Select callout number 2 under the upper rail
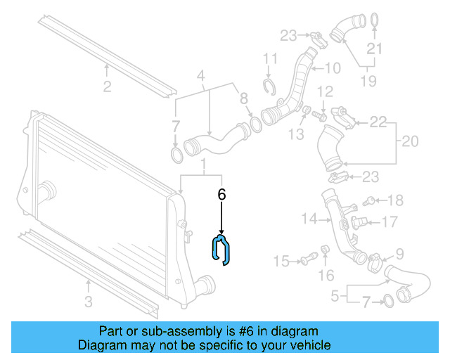[x=107, y=87]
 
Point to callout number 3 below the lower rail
[x=88, y=303]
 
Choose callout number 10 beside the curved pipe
[x=332, y=68]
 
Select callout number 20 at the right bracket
[x=409, y=141]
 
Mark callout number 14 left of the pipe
[x=310, y=219]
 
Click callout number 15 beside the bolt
[x=281, y=262]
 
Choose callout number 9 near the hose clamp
[x=399, y=254]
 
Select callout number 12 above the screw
[x=325, y=92]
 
